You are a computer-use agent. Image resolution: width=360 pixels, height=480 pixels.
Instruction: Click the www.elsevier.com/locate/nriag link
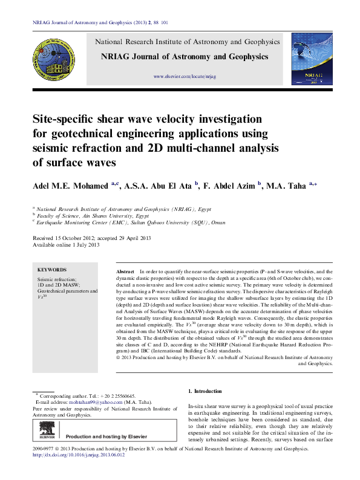[x=185, y=77]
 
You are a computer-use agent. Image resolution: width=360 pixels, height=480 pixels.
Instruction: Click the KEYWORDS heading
[x=52, y=270]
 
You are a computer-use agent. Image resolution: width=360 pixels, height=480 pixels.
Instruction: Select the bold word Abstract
[x=125, y=273]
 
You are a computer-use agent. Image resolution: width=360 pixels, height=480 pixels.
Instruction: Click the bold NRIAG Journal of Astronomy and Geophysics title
[x=185, y=56]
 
